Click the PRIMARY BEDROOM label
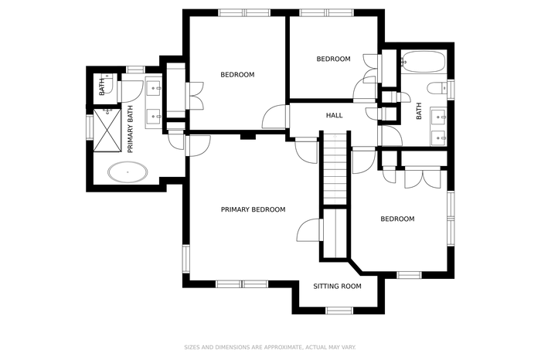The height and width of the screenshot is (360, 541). click(x=253, y=209)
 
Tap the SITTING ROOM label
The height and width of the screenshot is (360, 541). click(x=337, y=286)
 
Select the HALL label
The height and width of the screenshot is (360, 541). click(x=335, y=115)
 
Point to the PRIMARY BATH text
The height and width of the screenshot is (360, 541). click(x=131, y=129)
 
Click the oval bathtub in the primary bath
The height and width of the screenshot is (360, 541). click(x=128, y=172)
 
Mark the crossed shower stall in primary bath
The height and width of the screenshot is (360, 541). click(x=107, y=130)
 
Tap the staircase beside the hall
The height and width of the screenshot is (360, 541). click(x=335, y=168)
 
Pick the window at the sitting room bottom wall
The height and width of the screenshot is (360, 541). click(x=340, y=311)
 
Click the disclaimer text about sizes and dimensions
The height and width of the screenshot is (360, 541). click(x=270, y=347)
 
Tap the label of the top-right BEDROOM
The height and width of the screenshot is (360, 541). click(x=333, y=59)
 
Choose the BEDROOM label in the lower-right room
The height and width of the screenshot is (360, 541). click(x=397, y=219)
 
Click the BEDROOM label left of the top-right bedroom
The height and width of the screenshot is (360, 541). click(x=237, y=74)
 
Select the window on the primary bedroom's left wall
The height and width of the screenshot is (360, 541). click(x=186, y=259)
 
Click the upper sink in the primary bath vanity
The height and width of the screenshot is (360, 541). click(x=154, y=88)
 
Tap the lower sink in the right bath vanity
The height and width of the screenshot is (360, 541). click(x=439, y=138)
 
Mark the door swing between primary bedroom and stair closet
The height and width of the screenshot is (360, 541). click(x=309, y=230)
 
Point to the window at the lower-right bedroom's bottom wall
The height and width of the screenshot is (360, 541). click(x=409, y=275)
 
